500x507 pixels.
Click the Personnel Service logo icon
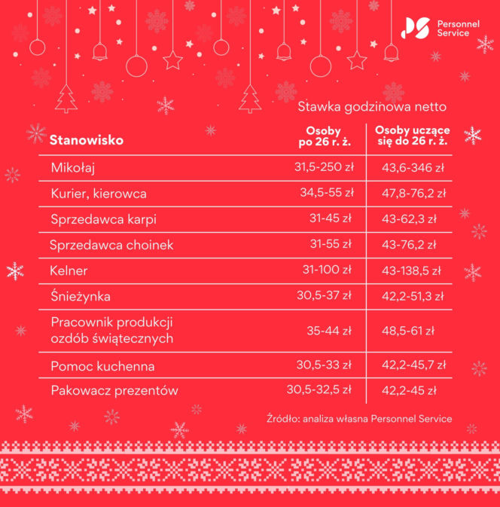[416, 29]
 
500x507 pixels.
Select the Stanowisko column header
[87, 140]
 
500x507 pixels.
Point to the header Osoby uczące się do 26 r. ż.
[412, 136]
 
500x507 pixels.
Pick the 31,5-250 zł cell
[324, 166]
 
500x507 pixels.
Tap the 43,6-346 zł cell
[413, 166]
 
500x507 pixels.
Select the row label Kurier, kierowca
[99, 194]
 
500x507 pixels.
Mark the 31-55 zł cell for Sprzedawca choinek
[331, 244]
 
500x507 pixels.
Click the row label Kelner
[69, 270]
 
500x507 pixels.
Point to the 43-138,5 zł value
[412, 270]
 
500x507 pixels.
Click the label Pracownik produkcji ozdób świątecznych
[112, 331]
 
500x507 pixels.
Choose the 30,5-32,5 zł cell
[319, 390]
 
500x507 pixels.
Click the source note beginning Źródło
[359, 418]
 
